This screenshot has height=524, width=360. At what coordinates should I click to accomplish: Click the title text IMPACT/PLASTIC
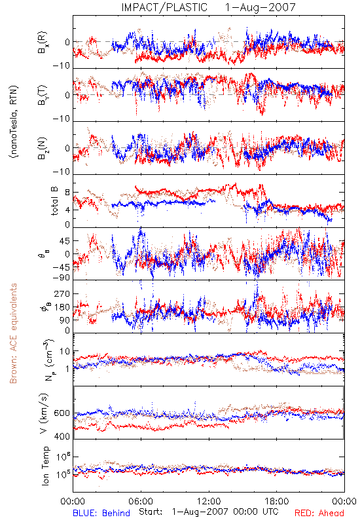tap(164, 7)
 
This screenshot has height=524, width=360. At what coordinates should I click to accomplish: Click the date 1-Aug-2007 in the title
tap(261, 7)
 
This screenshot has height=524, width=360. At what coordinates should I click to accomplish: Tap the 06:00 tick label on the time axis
tap(141, 501)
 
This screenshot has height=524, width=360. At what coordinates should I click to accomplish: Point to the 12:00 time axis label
tap(209, 501)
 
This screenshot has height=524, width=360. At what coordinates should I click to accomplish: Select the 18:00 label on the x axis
tap(277, 501)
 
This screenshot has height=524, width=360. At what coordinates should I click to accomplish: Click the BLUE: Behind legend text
tap(101, 513)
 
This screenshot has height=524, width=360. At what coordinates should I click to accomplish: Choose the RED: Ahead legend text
tap(319, 513)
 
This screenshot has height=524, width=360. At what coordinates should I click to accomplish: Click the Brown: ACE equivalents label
tap(13, 333)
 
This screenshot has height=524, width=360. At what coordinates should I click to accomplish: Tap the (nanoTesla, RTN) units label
tap(14, 122)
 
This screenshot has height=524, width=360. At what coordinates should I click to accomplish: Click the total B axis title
tap(54, 201)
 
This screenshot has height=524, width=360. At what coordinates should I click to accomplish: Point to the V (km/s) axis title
tap(44, 413)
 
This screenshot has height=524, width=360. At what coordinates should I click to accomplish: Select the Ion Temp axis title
tap(45, 466)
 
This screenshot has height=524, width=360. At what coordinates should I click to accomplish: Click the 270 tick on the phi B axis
tap(63, 293)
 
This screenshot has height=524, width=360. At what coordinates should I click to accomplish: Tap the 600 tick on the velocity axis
tap(62, 413)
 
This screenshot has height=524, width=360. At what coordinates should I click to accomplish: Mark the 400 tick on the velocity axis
tap(62, 436)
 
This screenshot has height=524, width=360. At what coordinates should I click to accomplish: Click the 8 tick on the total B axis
tap(67, 193)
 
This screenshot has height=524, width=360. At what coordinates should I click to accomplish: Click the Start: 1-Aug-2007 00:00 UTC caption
tap(209, 512)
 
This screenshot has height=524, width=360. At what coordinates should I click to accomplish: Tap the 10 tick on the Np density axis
tap(65, 351)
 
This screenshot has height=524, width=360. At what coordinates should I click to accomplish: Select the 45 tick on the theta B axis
tap(65, 241)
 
